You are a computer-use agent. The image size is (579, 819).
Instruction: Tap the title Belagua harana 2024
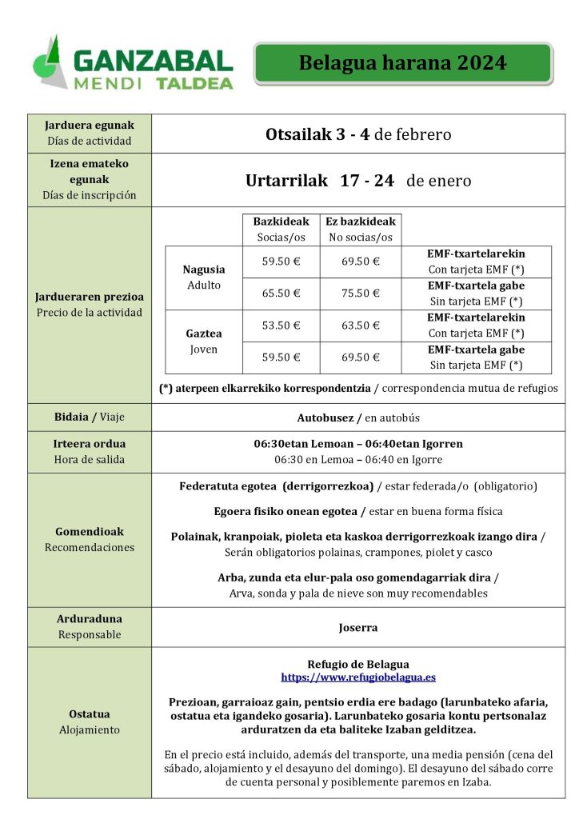pos(402,64)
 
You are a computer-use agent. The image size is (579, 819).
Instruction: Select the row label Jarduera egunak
pos(90,126)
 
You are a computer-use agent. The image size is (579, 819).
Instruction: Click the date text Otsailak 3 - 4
pos(317,134)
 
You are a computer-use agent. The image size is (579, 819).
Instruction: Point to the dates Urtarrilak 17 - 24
pos(320,181)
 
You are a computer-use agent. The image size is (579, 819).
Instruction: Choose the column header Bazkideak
pos(281,221)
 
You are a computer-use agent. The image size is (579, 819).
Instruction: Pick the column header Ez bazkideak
pos(360,221)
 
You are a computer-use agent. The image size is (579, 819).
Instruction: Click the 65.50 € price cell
pos(281,294)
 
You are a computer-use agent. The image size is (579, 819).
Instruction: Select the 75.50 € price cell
pos(360,294)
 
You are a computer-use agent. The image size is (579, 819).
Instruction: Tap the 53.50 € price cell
pos(281,326)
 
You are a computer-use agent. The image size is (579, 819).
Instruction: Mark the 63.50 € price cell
pos(360,326)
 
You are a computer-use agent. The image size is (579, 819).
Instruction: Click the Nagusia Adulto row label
pos(204,277)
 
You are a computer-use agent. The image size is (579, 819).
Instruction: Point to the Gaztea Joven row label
pos(204,342)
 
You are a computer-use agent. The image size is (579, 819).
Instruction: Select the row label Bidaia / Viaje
pos(90,417)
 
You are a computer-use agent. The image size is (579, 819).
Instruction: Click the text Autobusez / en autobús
pos(358,417)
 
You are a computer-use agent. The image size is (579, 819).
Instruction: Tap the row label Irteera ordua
pos(90,444)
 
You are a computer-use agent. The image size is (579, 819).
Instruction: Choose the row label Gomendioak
pos(90,531)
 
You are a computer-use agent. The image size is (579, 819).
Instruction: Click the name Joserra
pos(358,628)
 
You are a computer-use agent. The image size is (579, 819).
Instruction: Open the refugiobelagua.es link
pos(358,677)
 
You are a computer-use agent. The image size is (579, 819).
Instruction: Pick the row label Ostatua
pos(90,714)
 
